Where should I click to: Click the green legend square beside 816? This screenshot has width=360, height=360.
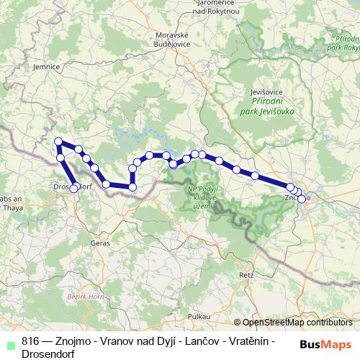click(9, 343)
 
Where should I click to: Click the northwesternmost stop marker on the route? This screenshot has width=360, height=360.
click(58, 142)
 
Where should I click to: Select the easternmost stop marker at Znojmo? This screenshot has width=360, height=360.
click(302, 197)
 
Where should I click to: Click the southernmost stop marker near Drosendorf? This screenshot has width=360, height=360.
click(73, 189)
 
